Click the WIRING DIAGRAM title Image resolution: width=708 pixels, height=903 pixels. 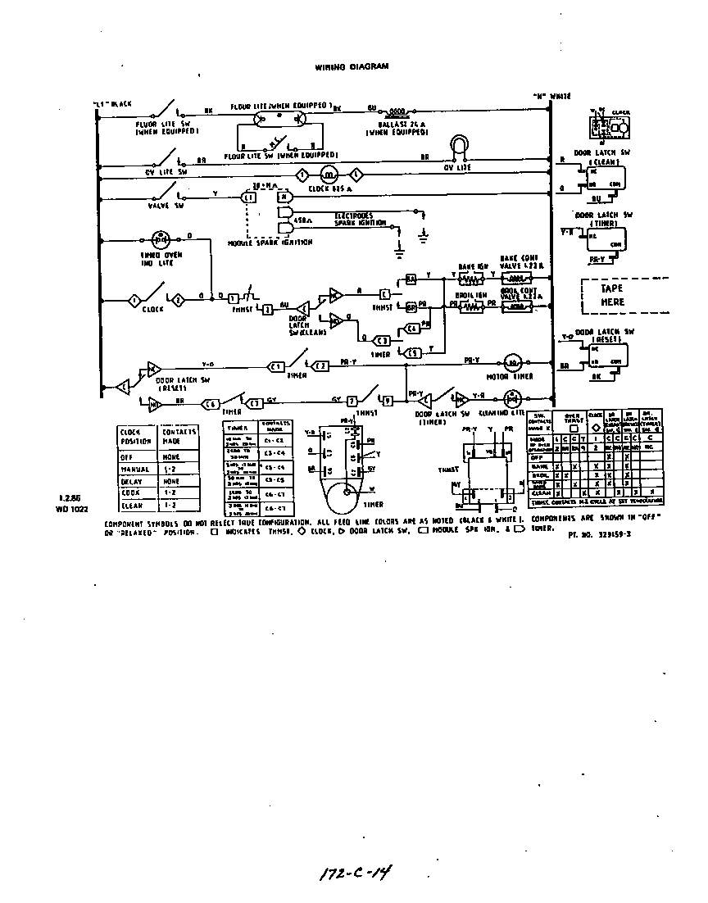346,67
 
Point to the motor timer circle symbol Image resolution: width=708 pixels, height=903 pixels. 511,361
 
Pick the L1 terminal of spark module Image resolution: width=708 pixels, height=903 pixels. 247,197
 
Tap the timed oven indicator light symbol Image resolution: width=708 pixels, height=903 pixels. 161,240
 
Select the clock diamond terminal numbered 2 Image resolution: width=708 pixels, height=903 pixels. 175,301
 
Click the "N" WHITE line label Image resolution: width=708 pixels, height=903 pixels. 553,96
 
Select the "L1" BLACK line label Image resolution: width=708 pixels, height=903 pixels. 113,104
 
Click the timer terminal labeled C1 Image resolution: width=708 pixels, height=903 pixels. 276,365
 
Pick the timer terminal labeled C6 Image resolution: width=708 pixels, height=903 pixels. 210,402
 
